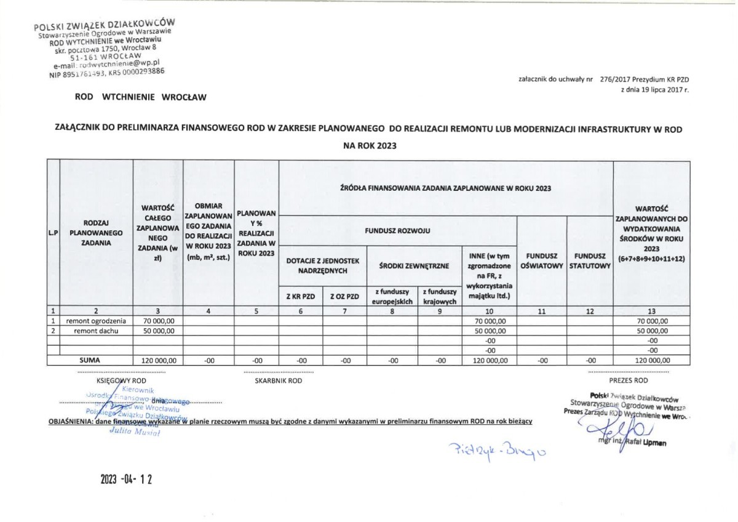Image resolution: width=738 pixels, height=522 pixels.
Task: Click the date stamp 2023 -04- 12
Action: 125,480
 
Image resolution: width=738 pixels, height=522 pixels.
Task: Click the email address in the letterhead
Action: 106,63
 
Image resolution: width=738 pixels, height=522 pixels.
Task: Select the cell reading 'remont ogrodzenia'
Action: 97,321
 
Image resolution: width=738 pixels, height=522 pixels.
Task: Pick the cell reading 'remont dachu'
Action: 97,331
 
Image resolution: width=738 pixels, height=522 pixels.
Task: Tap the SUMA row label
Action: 97,361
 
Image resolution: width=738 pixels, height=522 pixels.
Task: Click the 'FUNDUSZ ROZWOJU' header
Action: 398,231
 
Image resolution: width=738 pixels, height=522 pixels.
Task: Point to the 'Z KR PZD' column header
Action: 301,296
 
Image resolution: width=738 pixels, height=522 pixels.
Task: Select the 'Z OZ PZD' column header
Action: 344,296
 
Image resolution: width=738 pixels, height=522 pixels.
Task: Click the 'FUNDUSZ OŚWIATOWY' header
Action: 542,261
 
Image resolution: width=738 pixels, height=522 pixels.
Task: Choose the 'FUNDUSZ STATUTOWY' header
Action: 590,261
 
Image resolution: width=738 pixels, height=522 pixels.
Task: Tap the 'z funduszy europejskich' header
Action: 392,296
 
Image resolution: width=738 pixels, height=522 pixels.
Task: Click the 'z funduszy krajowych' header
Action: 439,296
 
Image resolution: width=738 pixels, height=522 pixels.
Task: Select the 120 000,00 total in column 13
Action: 651,361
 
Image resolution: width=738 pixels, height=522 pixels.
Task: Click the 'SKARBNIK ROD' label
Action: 279,381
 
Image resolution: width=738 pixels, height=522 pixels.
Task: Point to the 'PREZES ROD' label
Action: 629,381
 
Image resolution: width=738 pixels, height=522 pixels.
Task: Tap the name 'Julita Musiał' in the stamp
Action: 134,432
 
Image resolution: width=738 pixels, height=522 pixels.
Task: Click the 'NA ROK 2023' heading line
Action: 369,147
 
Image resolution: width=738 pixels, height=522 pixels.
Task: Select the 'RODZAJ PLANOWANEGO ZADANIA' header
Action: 97,233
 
